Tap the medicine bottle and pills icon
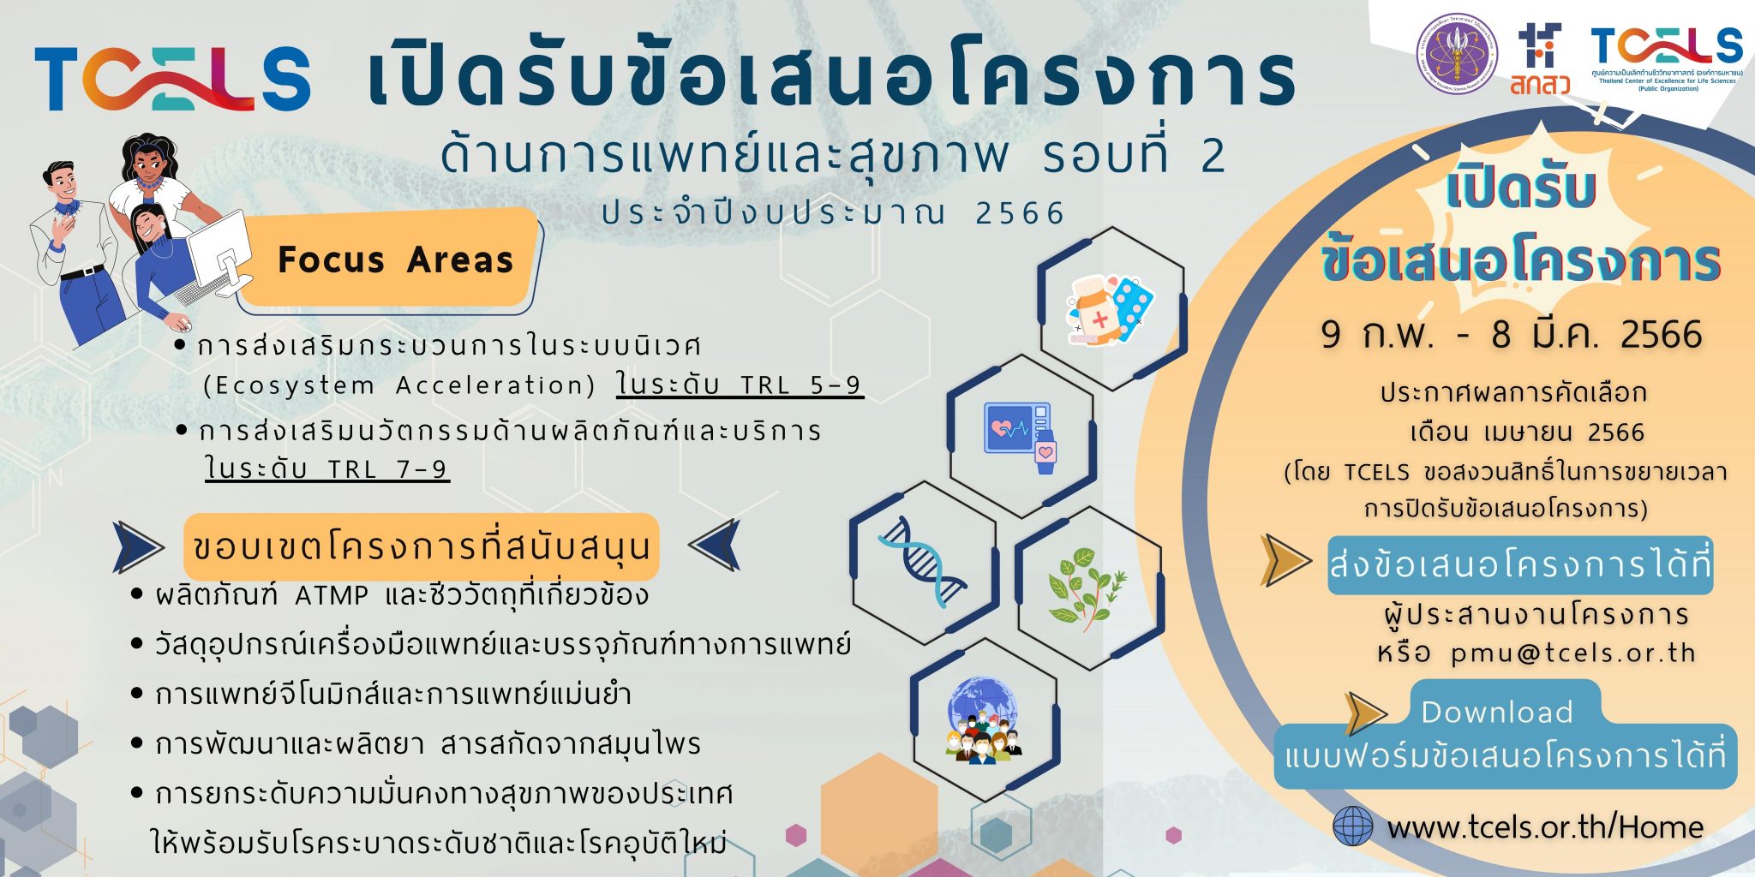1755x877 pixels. pos(1111,309)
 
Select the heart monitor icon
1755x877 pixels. pos(1021,436)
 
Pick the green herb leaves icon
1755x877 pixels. pos(1087,588)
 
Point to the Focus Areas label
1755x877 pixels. pos(395,260)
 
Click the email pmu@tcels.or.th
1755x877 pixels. pos(1573,653)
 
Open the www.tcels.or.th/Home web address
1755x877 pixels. pos(1545,827)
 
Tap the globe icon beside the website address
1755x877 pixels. pos(1353,826)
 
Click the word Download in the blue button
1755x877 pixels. pos(1496,712)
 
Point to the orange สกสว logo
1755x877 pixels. pos(1539,62)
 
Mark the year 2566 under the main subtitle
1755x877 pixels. pos(1020,212)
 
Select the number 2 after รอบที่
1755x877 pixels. pos(1213,156)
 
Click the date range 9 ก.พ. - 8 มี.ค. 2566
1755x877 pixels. pos(1511,334)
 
